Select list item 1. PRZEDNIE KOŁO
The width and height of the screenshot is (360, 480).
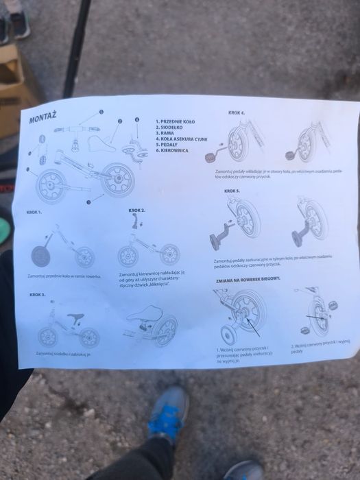pyautogui.click(x=176, y=121)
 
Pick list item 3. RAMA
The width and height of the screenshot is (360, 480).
pyautogui.click(x=165, y=133)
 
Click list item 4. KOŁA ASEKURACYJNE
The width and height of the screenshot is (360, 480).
pyautogui.click(x=181, y=139)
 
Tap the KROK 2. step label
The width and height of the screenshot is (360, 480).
pyautogui.click(x=137, y=210)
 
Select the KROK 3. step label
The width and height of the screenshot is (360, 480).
pyautogui.click(x=38, y=294)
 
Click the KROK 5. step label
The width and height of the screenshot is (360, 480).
pyautogui.click(x=232, y=191)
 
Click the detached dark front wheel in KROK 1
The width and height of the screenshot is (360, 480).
pyautogui.click(x=43, y=256)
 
